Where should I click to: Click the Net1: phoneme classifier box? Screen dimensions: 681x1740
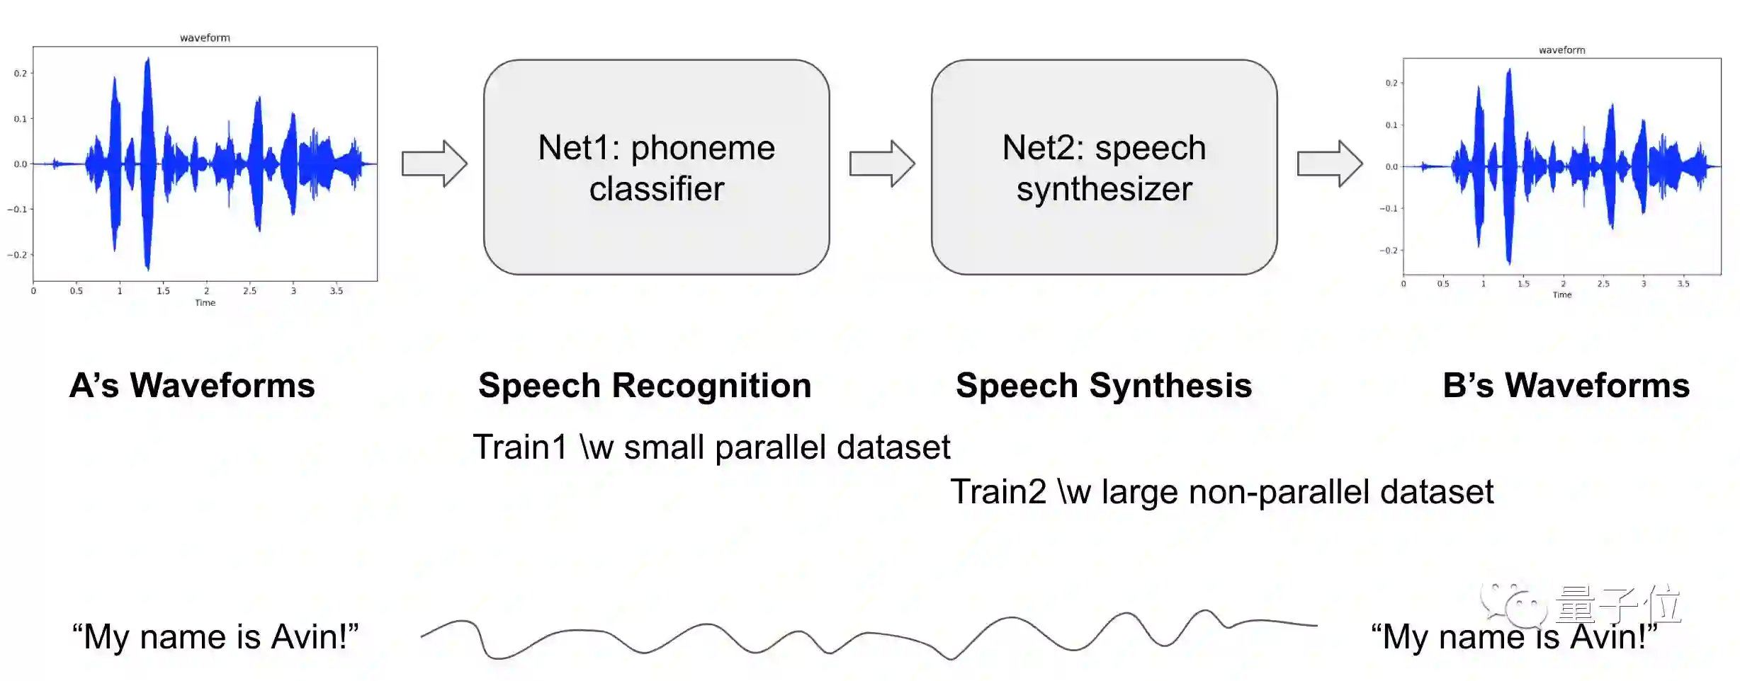(x=656, y=167)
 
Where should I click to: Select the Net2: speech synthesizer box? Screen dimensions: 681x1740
(x=1104, y=167)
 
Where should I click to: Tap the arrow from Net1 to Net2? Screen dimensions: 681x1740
(x=882, y=164)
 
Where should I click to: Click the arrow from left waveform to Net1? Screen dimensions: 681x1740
(x=434, y=164)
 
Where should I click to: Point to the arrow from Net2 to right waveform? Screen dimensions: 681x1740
(x=1330, y=164)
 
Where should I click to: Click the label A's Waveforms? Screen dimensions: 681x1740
(x=192, y=386)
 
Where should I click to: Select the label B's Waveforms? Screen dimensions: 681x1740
(x=1566, y=386)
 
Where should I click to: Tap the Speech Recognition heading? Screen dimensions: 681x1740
(x=645, y=386)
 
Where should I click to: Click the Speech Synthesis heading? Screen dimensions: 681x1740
(x=1104, y=386)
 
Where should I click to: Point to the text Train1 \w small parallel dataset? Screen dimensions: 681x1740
(x=711, y=447)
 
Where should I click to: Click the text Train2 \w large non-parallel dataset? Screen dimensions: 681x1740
(x=1221, y=492)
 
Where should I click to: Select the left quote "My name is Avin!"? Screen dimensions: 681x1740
(x=215, y=636)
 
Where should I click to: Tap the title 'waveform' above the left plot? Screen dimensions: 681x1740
(x=205, y=38)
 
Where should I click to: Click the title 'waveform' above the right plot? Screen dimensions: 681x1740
(x=1561, y=50)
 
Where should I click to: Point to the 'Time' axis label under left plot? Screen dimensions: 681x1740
(x=205, y=303)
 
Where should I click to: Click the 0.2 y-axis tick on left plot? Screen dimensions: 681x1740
(x=21, y=74)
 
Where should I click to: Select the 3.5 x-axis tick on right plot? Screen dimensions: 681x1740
(x=1683, y=284)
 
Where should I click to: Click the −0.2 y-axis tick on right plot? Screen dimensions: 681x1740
(x=1388, y=251)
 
